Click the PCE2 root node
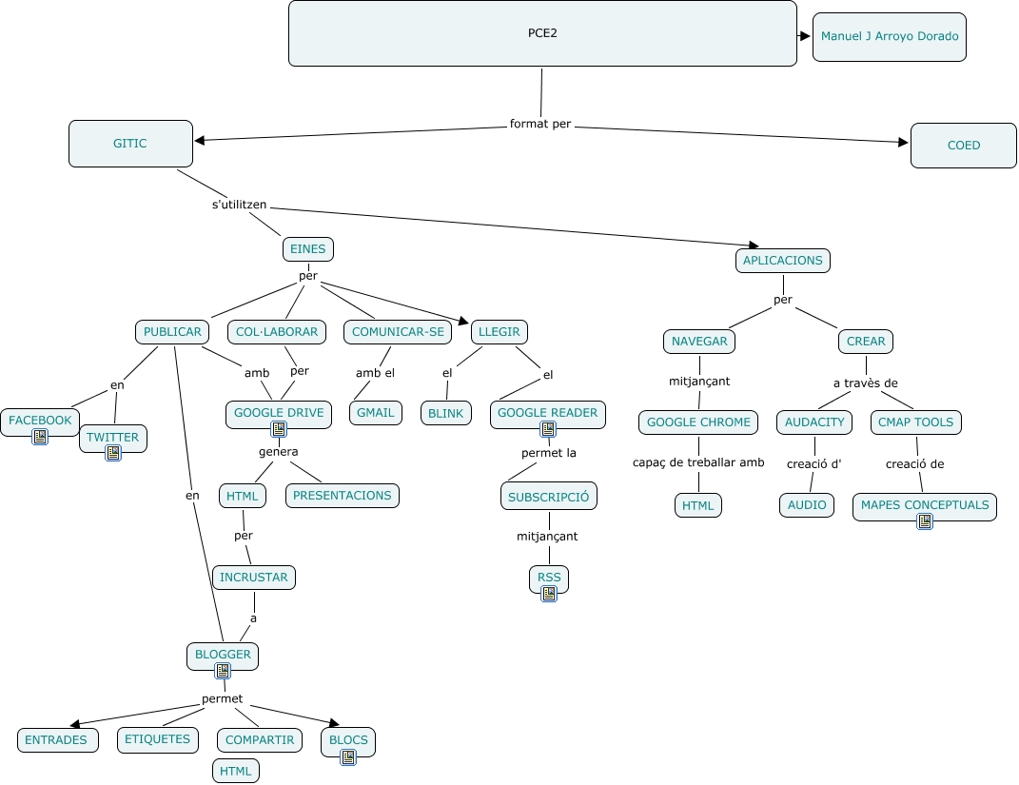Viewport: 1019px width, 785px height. (542, 33)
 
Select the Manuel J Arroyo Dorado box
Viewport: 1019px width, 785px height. (889, 37)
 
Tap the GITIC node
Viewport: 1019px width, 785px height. (130, 144)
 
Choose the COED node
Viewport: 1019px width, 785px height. (963, 146)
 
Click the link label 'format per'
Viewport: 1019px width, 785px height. (540, 124)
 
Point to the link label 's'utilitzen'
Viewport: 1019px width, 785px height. (239, 204)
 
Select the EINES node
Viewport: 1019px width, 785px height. (307, 249)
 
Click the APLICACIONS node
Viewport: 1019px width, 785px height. (782, 260)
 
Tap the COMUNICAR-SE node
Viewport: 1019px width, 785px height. (398, 332)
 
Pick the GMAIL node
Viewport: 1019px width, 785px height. (375, 413)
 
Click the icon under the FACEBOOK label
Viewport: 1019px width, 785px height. (40, 437)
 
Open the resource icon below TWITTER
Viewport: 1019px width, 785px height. (113, 453)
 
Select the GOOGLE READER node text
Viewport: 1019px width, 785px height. (547, 412)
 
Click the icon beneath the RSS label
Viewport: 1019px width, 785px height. (549, 594)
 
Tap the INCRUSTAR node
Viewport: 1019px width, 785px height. (253, 578)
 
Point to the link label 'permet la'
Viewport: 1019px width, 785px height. (549, 453)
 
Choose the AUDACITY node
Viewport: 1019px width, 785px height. (814, 422)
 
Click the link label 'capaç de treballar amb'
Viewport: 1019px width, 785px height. (698, 462)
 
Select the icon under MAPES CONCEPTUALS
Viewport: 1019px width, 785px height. (924, 520)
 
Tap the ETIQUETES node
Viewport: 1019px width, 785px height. (158, 738)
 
